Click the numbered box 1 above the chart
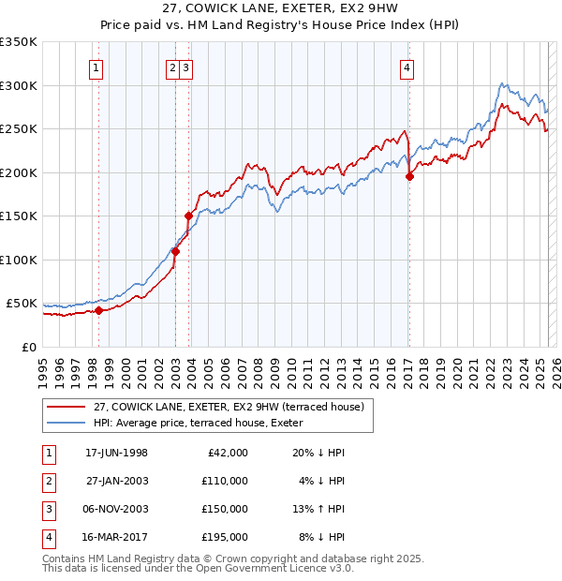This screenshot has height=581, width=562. pyautogui.click(x=97, y=67)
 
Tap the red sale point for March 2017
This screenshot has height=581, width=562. pyautogui.click(x=409, y=176)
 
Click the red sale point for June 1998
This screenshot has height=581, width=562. pyautogui.click(x=98, y=310)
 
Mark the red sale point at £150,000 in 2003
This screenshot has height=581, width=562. pyautogui.click(x=188, y=216)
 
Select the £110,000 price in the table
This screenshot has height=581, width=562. pyautogui.click(x=225, y=481)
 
